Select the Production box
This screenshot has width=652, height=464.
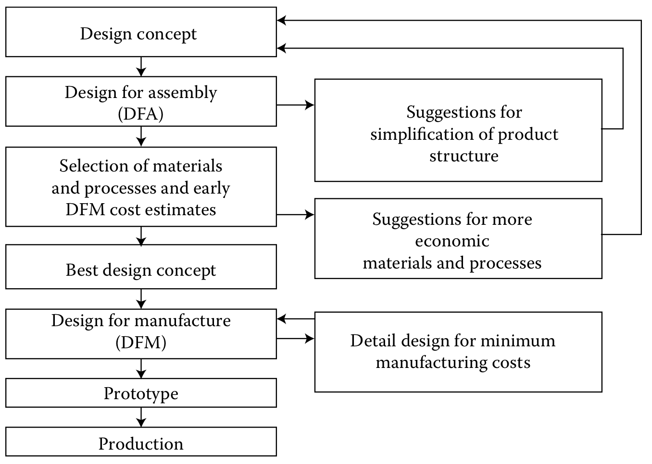pyautogui.click(x=141, y=442)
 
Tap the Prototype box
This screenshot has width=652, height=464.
pyautogui.click(x=141, y=393)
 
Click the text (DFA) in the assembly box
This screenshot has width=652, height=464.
pyautogui.click(x=140, y=114)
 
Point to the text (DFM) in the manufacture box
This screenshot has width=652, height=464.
pyautogui.click(x=140, y=342)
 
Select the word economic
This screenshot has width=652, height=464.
pyautogui.click(x=452, y=241)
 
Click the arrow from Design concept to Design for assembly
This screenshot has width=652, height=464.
pyautogui.click(x=141, y=66)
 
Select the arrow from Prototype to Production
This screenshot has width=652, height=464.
pyautogui.click(x=141, y=417)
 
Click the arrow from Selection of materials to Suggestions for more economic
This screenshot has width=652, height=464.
pyautogui.click(x=295, y=215)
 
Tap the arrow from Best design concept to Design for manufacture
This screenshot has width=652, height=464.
pyautogui.click(x=141, y=299)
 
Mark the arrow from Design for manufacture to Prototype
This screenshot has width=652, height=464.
pyautogui.click(x=141, y=368)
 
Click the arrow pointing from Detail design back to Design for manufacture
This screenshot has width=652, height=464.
pyautogui.click(x=295, y=319)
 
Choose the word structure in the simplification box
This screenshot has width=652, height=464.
pyautogui.click(x=464, y=156)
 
